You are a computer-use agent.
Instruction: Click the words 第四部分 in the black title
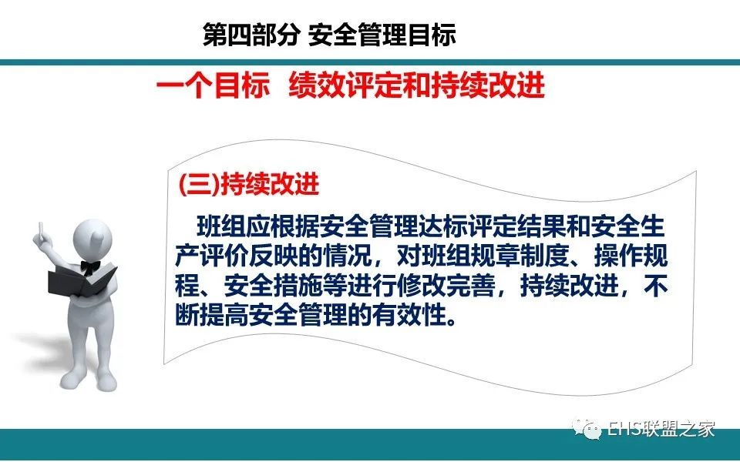click(x=251, y=35)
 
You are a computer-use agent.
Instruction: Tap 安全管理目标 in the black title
click(x=382, y=35)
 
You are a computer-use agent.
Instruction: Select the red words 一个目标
click(x=213, y=85)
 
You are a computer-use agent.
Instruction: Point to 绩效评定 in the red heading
click(x=345, y=85)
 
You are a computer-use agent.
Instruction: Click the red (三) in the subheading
click(x=199, y=184)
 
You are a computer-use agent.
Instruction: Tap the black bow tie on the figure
click(x=89, y=267)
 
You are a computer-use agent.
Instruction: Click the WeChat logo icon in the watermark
click(x=587, y=429)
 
